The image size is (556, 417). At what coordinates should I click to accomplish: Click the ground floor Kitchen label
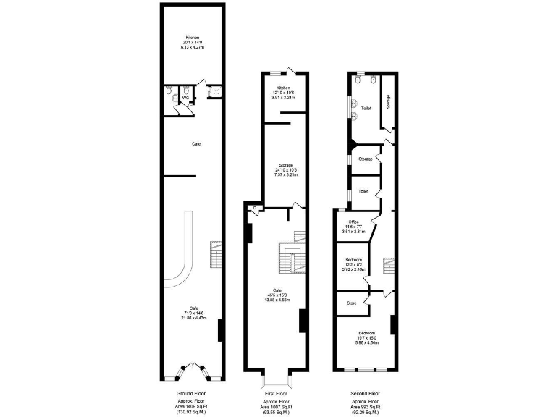click(192, 38)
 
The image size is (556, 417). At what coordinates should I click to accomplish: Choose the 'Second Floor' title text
click(366, 393)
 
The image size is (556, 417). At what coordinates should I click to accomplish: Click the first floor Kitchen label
click(283, 88)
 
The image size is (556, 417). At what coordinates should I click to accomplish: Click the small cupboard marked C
click(255, 208)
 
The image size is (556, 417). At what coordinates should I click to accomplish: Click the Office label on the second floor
click(354, 222)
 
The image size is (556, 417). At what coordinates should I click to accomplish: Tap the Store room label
click(352, 303)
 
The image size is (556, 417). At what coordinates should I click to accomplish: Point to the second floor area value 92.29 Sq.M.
click(366, 413)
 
